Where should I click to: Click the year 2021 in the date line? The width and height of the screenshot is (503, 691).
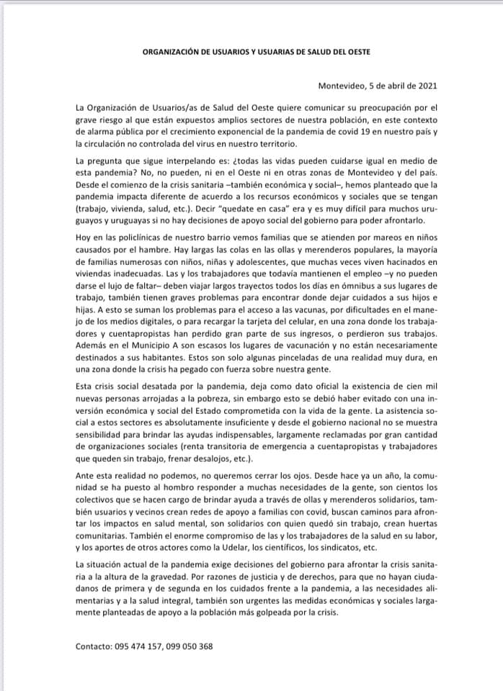pos(417,86)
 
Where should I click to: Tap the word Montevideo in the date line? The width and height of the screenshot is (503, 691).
pos(343,86)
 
